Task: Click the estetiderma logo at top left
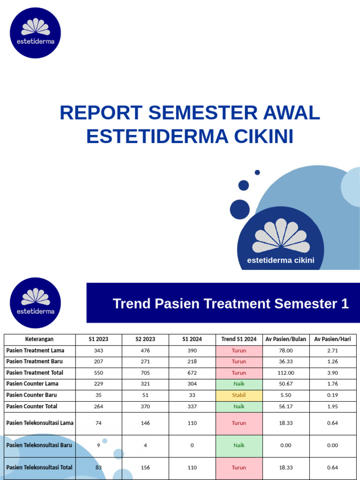coord(35,33)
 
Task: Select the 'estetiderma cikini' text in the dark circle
coord(281,261)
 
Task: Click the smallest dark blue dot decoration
coord(257,172)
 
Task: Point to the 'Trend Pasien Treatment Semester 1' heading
coord(231,304)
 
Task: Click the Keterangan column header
coord(39,339)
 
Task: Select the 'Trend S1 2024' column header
coord(239,339)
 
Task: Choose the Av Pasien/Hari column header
coord(332,339)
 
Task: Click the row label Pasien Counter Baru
coord(31,395)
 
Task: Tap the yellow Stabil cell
coord(239,395)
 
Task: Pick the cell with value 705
coord(145,373)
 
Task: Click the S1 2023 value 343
coord(98,351)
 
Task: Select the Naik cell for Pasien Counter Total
coord(239,406)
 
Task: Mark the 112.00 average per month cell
coord(285,373)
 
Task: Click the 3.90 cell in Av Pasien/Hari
coord(332,373)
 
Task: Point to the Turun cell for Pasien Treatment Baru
coord(239,361)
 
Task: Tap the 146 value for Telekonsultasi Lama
coord(145,423)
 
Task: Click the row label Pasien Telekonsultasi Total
coord(39,467)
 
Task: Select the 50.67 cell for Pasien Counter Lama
coord(285,384)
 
